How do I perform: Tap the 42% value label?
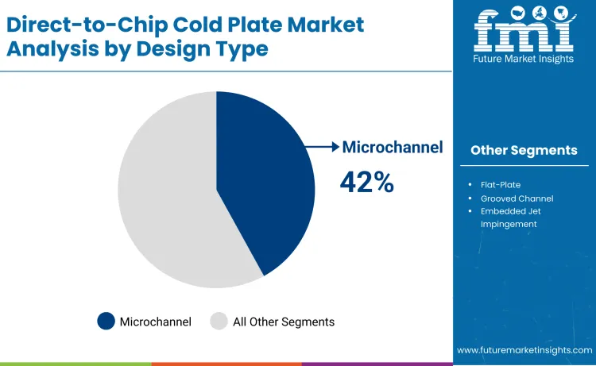tap(366, 183)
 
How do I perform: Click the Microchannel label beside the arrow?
tap(392, 147)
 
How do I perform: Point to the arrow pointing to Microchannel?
tap(323, 147)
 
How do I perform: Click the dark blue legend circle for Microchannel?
tap(106, 322)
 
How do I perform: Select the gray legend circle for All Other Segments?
tap(219, 322)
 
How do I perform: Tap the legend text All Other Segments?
tap(283, 322)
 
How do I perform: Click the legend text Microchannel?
tap(156, 322)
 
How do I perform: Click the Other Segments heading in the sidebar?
tap(523, 150)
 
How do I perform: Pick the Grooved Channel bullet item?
tap(517, 198)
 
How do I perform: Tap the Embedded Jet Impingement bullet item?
tap(515, 217)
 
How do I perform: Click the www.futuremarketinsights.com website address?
tap(524, 350)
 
